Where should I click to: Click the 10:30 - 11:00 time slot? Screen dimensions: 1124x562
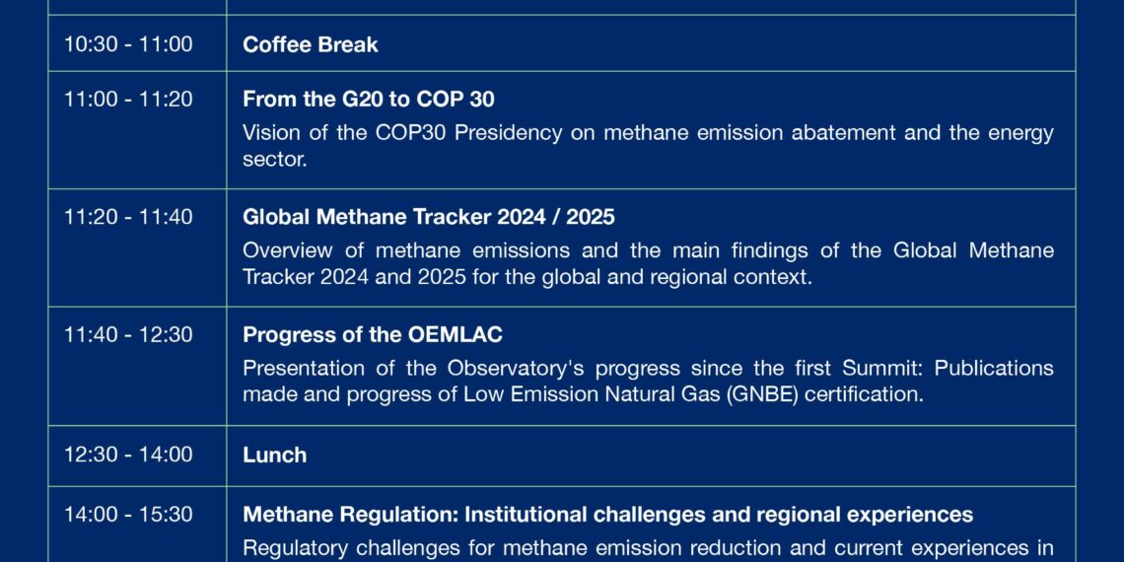coord(128,44)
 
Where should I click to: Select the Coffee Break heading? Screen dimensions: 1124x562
coord(311,44)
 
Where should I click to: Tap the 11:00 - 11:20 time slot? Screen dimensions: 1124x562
coord(128,99)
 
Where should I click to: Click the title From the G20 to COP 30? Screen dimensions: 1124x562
coord(369,99)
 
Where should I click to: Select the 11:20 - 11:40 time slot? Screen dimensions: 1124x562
coord(128,217)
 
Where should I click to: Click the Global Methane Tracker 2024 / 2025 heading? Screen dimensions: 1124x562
coord(429,217)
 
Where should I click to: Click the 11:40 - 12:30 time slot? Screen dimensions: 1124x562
coord(128,335)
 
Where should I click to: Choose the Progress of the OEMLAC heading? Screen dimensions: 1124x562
coord(373,335)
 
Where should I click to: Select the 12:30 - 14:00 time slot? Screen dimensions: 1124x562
coord(128,455)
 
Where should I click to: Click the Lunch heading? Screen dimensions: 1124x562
coord(274,455)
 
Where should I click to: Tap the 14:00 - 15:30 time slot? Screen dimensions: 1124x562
coord(128,515)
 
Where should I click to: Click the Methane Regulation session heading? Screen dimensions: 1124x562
coord(608,515)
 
